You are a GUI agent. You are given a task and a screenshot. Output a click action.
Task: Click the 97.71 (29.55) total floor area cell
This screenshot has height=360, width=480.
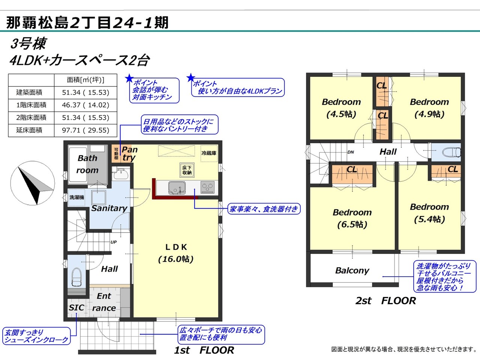tap(85, 130)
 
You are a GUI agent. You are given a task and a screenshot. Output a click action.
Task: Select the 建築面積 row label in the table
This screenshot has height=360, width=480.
tap(29, 93)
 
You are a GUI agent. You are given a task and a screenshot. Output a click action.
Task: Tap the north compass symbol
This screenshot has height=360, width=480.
tap(33, 183)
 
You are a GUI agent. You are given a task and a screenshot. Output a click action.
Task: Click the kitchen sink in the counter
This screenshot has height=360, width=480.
tap(177, 188)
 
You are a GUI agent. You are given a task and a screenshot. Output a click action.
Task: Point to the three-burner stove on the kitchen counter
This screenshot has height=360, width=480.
tap(207, 187)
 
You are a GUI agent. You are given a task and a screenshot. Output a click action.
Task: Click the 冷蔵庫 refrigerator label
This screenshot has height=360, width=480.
tap(209, 153)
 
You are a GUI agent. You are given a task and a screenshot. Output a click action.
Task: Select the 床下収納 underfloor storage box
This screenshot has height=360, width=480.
tap(187, 170)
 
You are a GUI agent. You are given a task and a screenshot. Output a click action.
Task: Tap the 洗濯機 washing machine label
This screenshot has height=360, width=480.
tap(76, 197)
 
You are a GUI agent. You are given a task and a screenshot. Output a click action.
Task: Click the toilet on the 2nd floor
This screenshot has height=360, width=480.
tap(451, 152)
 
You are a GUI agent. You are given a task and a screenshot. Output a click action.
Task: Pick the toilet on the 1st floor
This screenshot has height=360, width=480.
tap(76, 277)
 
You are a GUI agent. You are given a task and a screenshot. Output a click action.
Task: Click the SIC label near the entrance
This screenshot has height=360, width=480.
tap(76, 308)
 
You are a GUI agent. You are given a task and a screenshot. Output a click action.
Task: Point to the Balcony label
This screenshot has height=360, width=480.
tap(352, 271)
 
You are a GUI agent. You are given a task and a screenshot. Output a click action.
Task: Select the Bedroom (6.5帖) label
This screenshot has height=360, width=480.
tap(352, 218)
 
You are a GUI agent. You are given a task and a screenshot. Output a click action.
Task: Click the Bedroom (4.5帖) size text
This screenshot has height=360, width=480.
tap(341, 114)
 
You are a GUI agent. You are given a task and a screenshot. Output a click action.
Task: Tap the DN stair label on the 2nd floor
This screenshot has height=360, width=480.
tap(351, 152)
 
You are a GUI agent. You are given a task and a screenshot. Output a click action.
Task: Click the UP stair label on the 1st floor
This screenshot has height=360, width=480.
tap(114, 242)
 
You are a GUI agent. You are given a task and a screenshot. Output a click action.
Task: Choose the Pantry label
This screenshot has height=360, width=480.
tap(129, 153)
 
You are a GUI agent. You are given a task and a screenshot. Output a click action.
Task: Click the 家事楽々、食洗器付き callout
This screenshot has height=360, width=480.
tap(264, 209)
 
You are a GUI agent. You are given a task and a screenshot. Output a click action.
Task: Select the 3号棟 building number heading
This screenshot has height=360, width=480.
tap(28, 43)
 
